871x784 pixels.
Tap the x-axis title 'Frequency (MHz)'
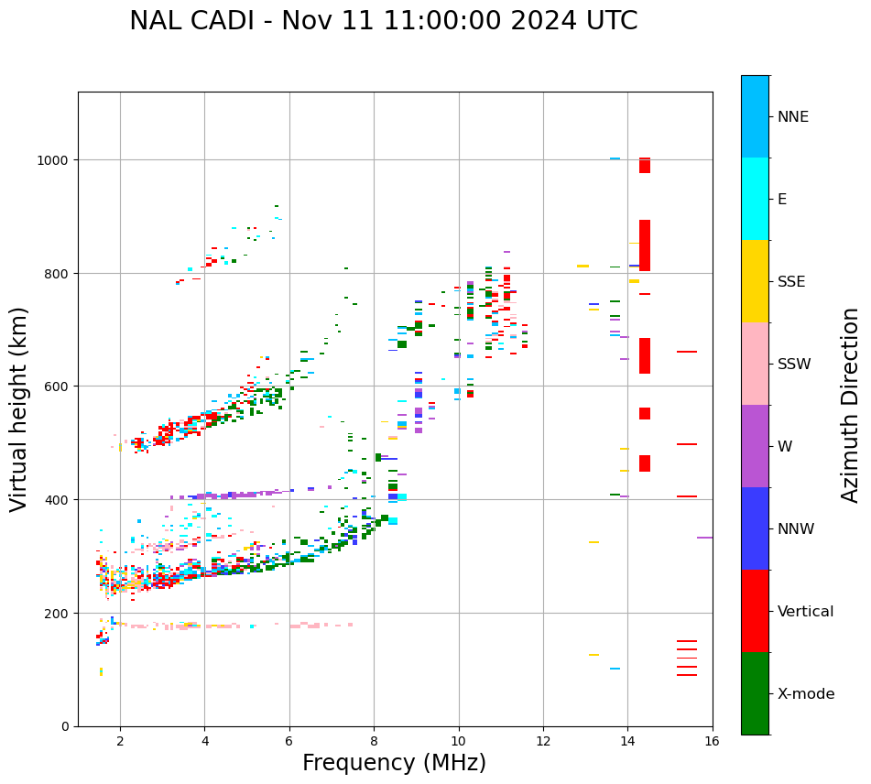(x=394, y=763)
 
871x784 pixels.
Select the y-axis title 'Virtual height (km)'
(x=19, y=408)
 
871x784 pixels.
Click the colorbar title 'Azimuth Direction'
(x=851, y=405)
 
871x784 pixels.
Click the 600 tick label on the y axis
(x=59, y=387)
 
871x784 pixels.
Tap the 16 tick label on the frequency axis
(x=712, y=742)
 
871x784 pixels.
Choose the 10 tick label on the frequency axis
(x=458, y=742)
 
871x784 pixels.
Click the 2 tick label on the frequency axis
(x=120, y=742)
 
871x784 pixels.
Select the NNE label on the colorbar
(x=793, y=116)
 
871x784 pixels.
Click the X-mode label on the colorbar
(x=806, y=693)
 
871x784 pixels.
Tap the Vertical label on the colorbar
(x=805, y=611)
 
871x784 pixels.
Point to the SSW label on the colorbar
(x=794, y=364)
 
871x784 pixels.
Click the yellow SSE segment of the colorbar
(x=755, y=281)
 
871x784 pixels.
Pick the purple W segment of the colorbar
(x=755, y=446)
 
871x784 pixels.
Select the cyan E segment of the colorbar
(x=755, y=199)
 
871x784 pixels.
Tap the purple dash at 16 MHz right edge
(x=704, y=538)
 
